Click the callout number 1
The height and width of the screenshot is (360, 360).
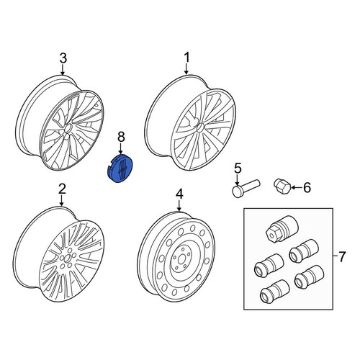click(x=186, y=58)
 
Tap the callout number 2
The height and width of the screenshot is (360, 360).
click(x=62, y=189)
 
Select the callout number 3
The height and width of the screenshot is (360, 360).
click(x=63, y=58)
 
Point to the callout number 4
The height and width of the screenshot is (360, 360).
click(x=179, y=194)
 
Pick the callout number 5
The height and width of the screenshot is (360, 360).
click(x=238, y=168)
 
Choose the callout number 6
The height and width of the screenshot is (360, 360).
click(x=307, y=187)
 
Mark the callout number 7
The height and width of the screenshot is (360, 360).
click(x=342, y=256)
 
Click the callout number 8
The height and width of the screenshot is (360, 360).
click(x=121, y=138)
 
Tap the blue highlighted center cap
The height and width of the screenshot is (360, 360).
click(x=120, y=168)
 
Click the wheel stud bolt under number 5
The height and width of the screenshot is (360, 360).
click(x=246, y=189)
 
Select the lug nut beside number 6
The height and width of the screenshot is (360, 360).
click(x=282, y=187)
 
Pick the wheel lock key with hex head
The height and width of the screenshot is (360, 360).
click(x=282, y=229)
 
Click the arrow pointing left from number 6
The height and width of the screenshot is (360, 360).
click(x=297, y=187)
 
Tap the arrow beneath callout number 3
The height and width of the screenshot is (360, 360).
click(x=63, y=71)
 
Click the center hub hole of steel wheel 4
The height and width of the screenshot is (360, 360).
click(x=181, y=260)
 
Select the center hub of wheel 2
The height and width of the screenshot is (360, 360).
click(x=66, y=258)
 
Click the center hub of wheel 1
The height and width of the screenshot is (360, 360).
click(x=199, y=127)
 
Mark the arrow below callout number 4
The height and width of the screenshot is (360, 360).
click(x=179, y=206)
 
